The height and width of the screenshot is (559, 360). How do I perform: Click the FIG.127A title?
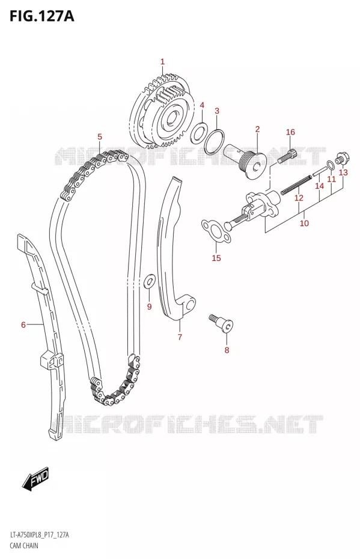pos(41,16)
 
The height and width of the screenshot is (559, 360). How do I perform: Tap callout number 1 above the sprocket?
pos(162,62)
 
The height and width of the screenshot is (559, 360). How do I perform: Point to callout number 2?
pos(257,129)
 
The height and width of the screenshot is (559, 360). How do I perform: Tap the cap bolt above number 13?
pos(341,157)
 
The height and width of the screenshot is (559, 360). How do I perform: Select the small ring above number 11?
pos(330,164)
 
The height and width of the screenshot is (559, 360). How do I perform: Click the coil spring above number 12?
pos(296,187)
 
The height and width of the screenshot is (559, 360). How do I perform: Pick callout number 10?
pos(304,223)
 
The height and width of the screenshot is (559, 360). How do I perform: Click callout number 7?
pos(180,337)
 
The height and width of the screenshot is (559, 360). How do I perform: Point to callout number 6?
pos(23,325)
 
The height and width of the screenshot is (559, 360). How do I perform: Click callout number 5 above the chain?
pos(100,136)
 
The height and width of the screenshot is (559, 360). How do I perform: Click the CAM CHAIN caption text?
pos(24,545)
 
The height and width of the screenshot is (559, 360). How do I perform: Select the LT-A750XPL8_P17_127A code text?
pos(39,535)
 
